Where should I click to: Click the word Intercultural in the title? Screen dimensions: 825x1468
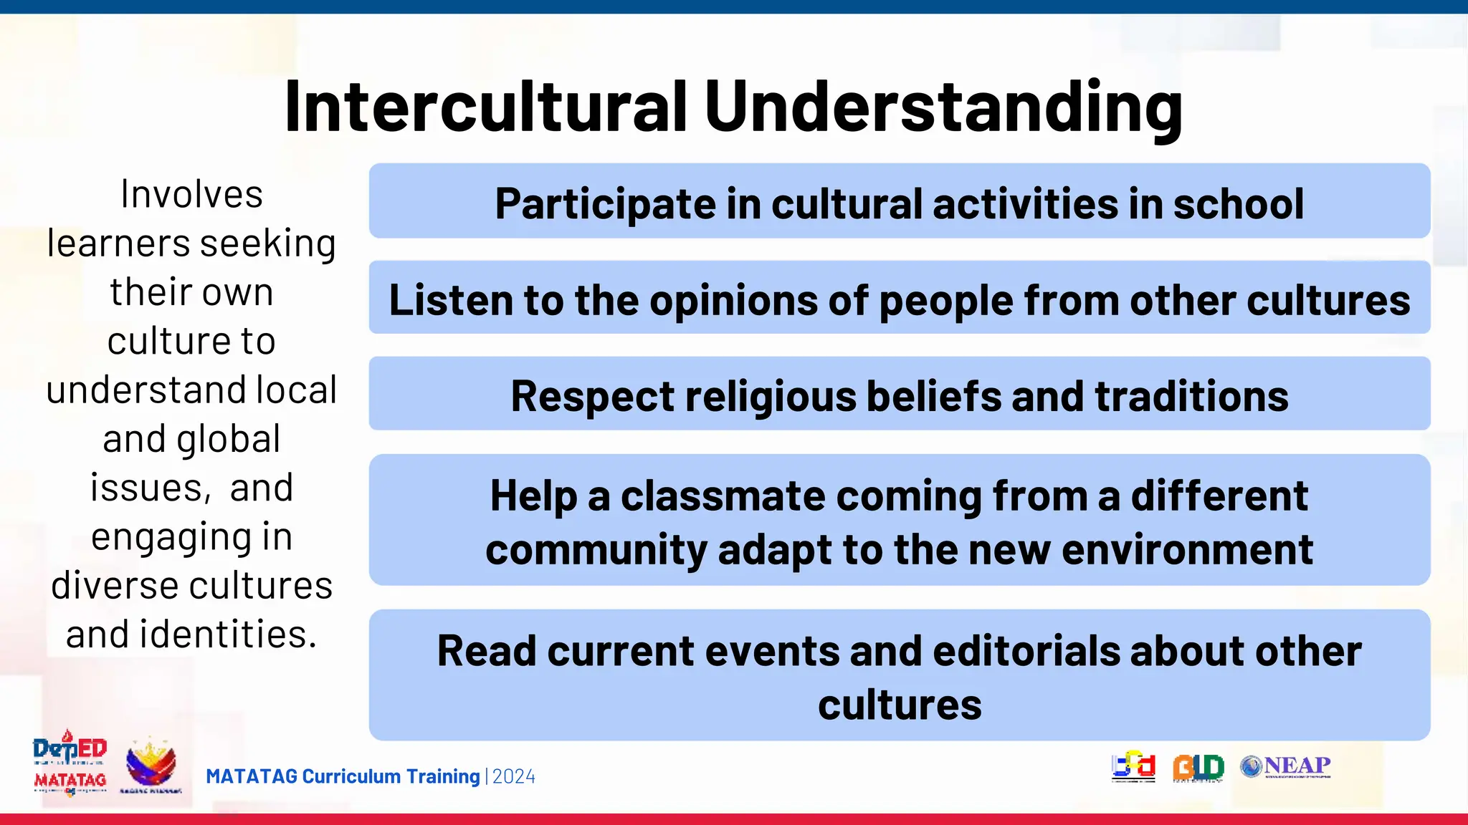click(486, 107)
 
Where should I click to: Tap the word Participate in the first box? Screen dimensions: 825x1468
click(605, 204)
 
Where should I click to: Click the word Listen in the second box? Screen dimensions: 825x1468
click(450, 300)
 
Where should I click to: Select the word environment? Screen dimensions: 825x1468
click(1187, 550)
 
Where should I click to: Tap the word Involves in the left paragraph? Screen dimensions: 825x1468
click(192, 195)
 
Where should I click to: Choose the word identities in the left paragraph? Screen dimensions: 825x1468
click(228, 635)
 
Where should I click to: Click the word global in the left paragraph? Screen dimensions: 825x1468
click(228, 439)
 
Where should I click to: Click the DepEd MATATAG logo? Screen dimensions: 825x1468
click(70, 764)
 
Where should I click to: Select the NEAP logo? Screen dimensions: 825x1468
click(1285, 766)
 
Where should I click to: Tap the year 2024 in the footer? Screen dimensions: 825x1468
click(514, 777)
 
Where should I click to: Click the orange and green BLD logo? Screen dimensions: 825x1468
click(1198, 768)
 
